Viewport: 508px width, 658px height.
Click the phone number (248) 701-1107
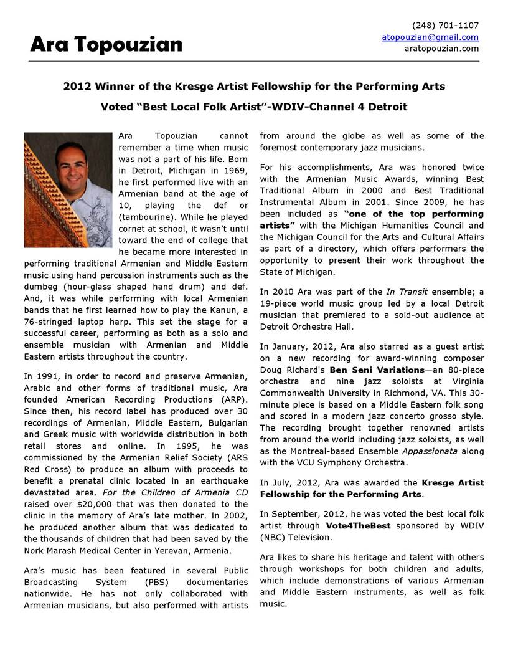(x=446, y=26)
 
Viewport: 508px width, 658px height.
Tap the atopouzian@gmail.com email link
(x=430, y=37)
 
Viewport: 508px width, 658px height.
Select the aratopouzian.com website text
(x=442, y=48)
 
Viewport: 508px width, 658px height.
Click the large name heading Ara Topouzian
(x=106, y=44)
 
